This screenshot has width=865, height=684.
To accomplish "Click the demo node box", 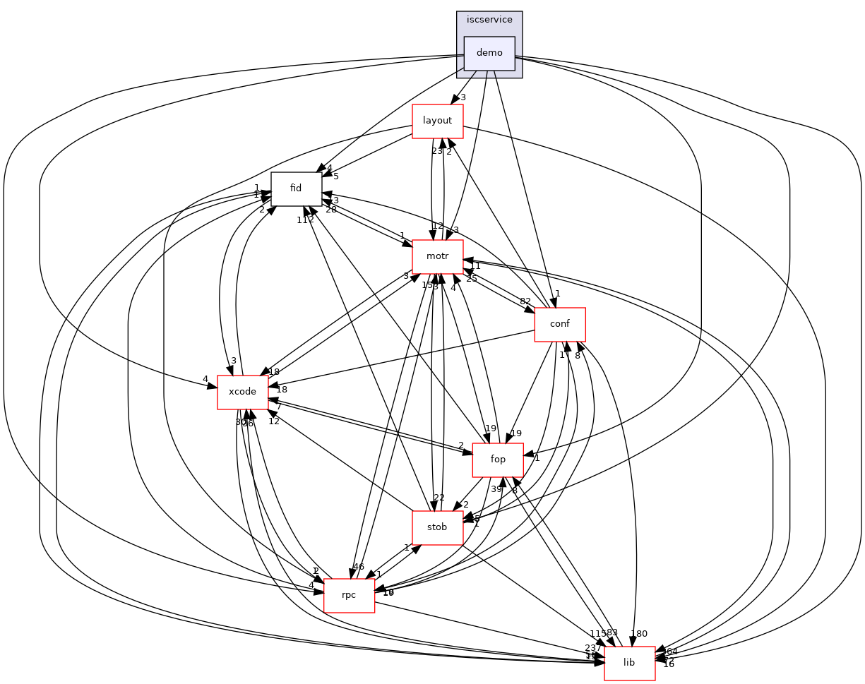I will (489, 53).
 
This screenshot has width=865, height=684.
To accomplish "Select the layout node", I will (437, 121).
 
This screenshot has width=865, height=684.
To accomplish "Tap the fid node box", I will (296, 188).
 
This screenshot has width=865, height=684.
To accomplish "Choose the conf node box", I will (560, 325).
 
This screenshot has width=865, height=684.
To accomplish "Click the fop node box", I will (497, 460).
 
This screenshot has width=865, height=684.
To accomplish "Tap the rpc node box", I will (348, 596).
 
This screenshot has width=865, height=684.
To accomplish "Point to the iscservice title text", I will (489, 20).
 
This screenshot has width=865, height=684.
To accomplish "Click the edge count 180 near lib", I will (638, 634).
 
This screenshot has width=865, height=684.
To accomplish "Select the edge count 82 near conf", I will (525, 301).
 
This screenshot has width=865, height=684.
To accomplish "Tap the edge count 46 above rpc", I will (358, 567).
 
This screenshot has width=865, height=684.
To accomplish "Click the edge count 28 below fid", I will (330, 210).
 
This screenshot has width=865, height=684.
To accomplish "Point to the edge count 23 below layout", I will (437, 150).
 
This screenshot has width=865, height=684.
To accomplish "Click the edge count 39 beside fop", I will (496, 489).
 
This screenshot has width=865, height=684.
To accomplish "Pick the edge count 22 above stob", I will (439, 498).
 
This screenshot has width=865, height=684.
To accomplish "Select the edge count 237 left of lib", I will (593, 648).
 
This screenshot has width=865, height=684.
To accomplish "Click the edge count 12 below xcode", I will (274, 421).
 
